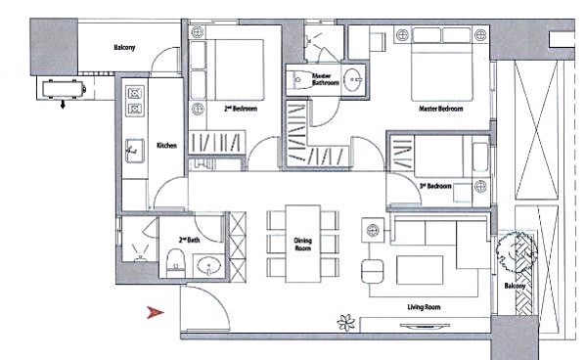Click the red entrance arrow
point(156,312)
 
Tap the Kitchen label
point(166,146)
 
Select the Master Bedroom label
point(440,109)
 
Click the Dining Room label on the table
point(302,245)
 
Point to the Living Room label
point(424,307)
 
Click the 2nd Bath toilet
point(176,262)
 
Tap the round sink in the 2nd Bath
point(208,266)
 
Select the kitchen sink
point(135,151)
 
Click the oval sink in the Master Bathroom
point(352,79)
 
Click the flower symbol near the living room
point(346,322)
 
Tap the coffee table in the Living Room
point(420,270)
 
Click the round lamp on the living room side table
point(373,230)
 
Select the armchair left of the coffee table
point(372,271)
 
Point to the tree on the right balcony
point(517,249)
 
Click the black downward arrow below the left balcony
point(63,105)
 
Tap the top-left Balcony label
point(124,48)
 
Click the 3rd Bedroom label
point(435,186)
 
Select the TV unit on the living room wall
point(425,325)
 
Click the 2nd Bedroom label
point(241,109)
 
